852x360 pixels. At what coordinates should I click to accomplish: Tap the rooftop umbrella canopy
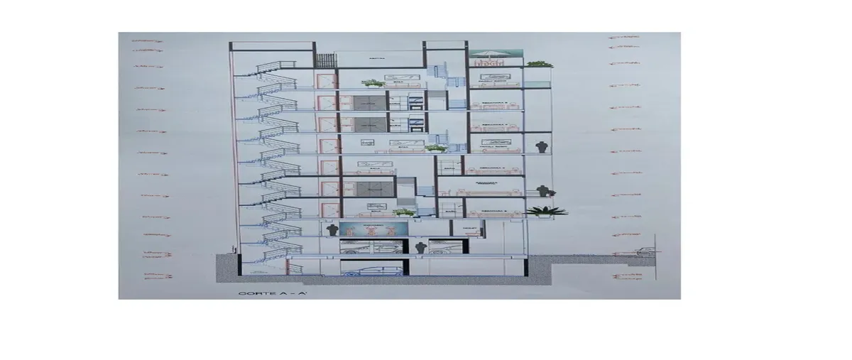pyautogui.click(x=487, y=53)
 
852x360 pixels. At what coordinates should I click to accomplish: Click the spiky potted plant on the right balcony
pyautogui.click(x=547, y=210)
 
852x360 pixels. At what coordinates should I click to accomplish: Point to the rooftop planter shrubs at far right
pyautogui.click(x=540, y=64)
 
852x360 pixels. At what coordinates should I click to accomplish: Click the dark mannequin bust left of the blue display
pyautogui.click(x=331, y=229)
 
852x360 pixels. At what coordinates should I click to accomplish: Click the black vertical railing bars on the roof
pyautogui.click(x=324, y=60)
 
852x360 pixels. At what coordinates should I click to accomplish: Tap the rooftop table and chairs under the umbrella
pyautogui.click(x=487, y=63)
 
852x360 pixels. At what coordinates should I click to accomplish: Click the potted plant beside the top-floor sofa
pyautogui.click(x=370, y=82)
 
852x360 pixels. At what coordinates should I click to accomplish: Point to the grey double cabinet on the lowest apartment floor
pyautogui.click(x=372, y=189)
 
